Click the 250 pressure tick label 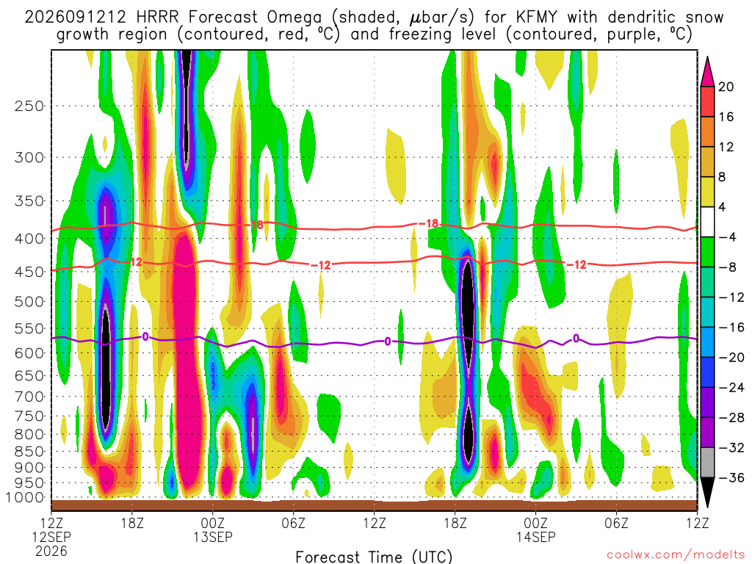pyautogui.click(x=29, y=106)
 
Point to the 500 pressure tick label pyautogui.click(x=29, y=302)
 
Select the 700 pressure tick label pyautogui.click(x=29, y=397)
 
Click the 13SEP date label pyautogui.click(x=213, y=537)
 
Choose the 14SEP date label pyautogui.click(x=535, y=537)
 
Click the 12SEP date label pyautogui.click(x=51, y=537)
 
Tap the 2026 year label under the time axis pyautogui.click(x=51, y=551)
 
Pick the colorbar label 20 pyautogui.click(x=726, y=87)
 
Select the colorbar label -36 pyautogui.click(x=731, y=477)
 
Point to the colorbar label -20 pyautogui.click(x=731, y=358)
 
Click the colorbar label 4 pyautogui.click(x=723, y=207)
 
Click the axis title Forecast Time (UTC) pyautogui.click(x=374, y=557)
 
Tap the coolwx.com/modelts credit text pyautogui.click(x=676, y=555)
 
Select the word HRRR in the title pyautogui.click(x=157, y=18)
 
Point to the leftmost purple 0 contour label pyautogui.click(x=145, y=336)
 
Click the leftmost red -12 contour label pyautogui.click(x=136, y=262)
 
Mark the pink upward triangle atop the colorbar pyautogui.click(x=707, y=71)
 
